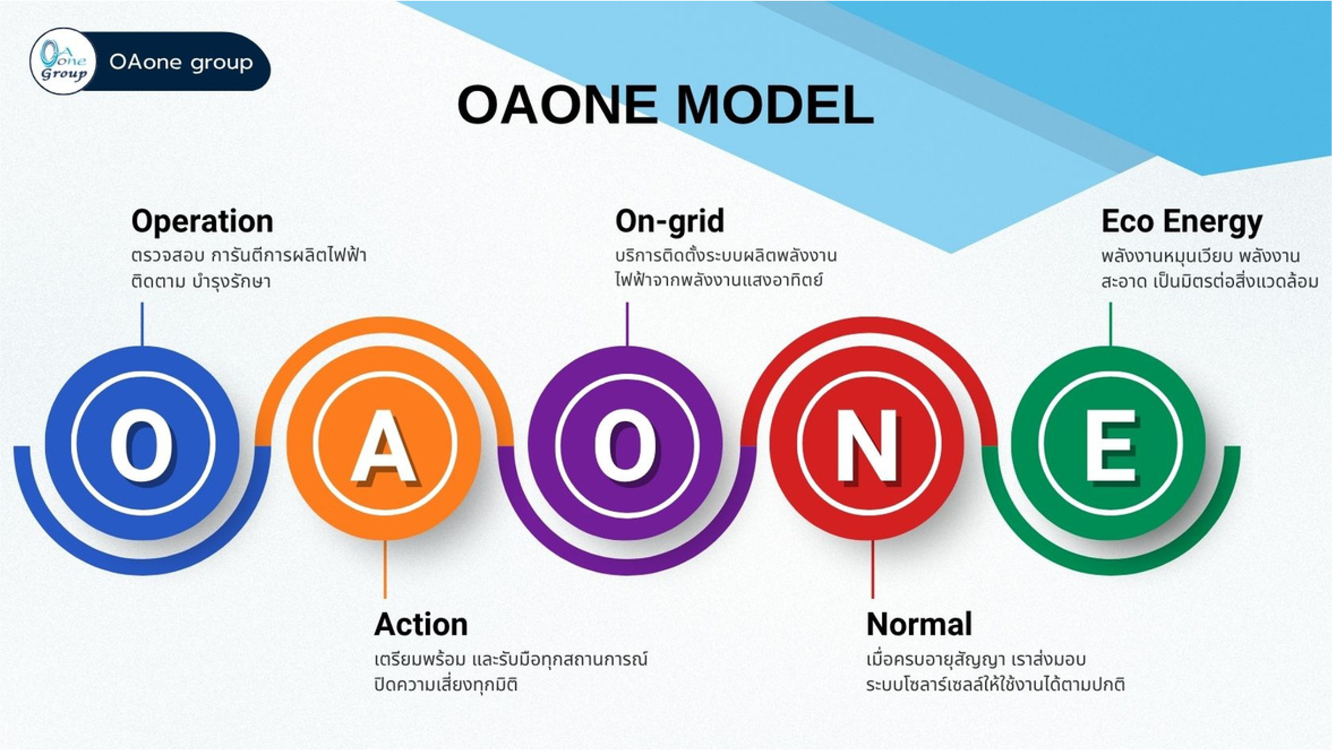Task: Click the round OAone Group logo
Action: (x=63, y=61)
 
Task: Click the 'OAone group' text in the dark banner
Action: (x=181, y=62)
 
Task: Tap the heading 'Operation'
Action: (x=202, y=221)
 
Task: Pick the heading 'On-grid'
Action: (x=669, y=221)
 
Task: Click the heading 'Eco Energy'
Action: (x=1182, y=222)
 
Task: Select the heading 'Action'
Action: (x=421, y=624)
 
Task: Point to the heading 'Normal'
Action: (x=919, y=624)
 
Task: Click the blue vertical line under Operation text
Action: (x=142, y=324)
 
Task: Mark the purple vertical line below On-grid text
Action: (x=627, y=324)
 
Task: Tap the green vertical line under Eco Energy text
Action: (x=1110, y=324)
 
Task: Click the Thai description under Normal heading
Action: (x=996, y=672)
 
